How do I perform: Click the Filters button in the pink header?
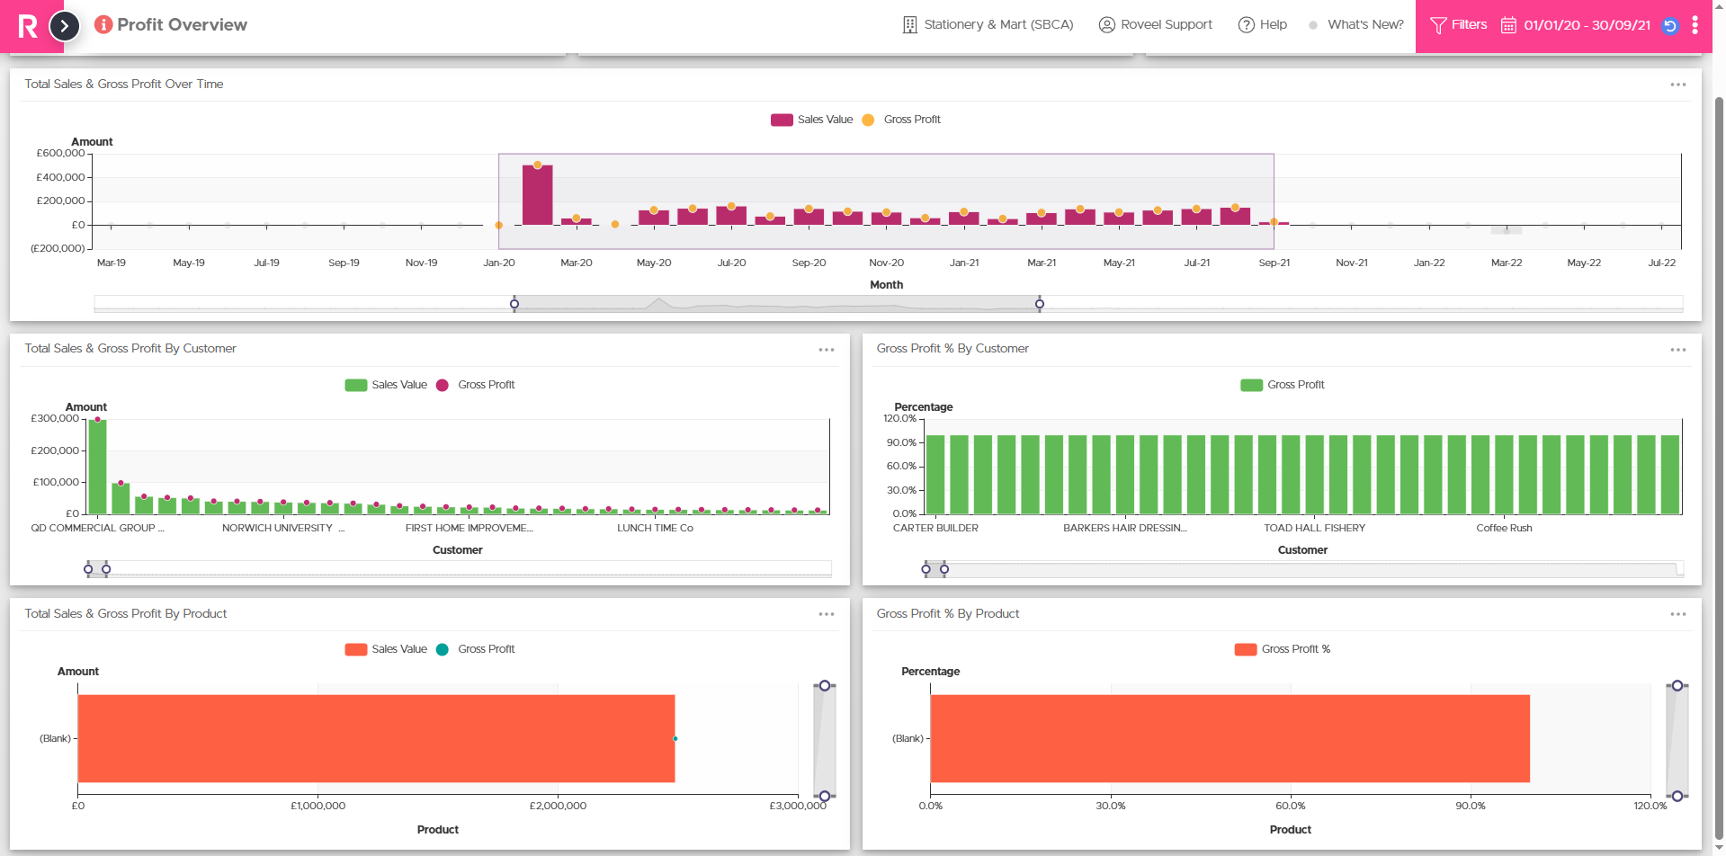coord(1458,25)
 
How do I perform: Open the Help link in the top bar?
coord(1263,25)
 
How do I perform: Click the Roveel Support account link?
coord(1156,25)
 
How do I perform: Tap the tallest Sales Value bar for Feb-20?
coord(538,194)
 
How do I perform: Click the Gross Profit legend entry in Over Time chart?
coord(901,120)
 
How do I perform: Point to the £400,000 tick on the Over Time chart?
coord(61,177)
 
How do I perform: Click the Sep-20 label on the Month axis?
coord(809,263)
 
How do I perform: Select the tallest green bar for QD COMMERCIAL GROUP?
coord(97,467)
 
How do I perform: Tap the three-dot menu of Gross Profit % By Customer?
coord(1677,350)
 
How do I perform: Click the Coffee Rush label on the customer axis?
coord(1504,528)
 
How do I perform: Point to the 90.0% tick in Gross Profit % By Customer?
coord(901,442)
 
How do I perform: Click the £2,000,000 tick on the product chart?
coord(558,806)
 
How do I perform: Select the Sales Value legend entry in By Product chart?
coord(386,649)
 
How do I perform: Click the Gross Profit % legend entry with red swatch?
coord(1283,649)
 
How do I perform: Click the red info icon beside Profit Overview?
coord(103,24)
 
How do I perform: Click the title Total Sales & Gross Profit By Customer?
coord(130,348)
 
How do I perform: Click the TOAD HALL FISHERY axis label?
coord(1314,528)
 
